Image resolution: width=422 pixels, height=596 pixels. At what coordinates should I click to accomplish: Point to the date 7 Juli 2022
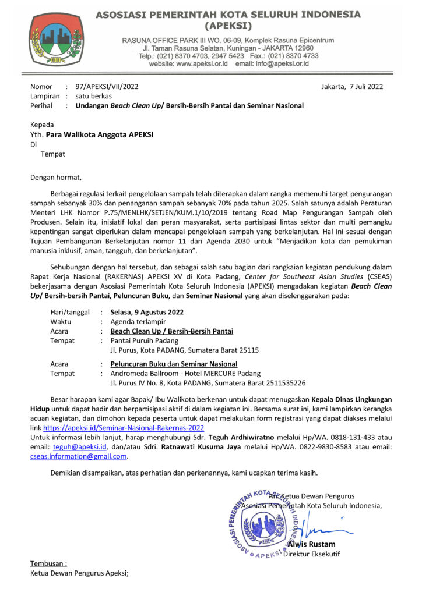tap(358, 87)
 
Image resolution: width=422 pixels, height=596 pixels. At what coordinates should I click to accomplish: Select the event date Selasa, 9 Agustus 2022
tap(147, 312)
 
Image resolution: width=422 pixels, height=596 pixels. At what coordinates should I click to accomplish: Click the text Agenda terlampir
tap(138, 321)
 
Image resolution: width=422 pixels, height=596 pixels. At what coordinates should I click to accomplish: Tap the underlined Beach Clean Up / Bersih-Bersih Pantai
tap(172, 331)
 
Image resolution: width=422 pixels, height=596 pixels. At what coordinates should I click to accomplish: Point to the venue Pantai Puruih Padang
tap(145, 340)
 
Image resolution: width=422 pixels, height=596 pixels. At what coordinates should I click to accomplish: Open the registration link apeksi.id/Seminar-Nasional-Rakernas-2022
tap(124, 427)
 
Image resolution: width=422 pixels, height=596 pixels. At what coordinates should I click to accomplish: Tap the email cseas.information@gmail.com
tap(79, 456)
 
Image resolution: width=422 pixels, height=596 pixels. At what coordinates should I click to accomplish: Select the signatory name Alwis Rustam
tap(311, 544)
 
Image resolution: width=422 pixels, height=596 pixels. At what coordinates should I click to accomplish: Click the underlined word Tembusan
tap(48, 563)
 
